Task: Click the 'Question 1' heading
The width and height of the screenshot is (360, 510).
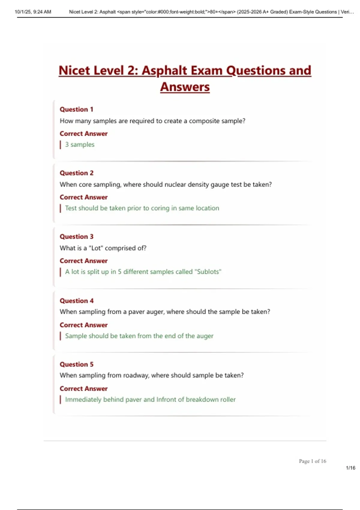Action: pyautogui.click(x=76, y=109)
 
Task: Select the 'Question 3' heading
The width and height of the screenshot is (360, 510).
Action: pyautogui.click(x=76, y=237)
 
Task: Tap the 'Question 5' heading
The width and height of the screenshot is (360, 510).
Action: pyautogui.click(x=76, y=364)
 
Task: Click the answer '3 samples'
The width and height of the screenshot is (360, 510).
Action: pyautogui.click(x=79, y=145)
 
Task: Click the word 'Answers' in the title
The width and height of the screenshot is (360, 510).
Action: pyautogui.click(x=185, y=87)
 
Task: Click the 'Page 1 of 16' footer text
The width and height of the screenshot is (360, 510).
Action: pyautogui.click(x=312, y=461)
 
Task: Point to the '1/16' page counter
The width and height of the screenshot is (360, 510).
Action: pyautogui.click(x=350, y=468)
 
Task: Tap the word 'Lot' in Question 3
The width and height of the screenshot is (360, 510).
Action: pyautogui.click(x=96, y=248)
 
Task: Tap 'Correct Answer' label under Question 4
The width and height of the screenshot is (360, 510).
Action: pyautogui.click(x=83, y=325)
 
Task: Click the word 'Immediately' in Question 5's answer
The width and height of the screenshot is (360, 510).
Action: pyautogui.click(x=83, y=400)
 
